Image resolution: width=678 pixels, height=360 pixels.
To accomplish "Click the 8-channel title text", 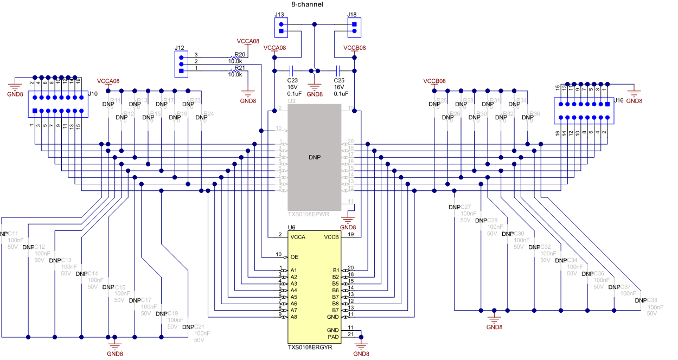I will tap(307, 4).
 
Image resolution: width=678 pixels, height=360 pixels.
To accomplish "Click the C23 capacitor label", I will tap(292, 80).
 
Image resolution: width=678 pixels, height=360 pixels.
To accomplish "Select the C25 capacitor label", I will tap(339, 80).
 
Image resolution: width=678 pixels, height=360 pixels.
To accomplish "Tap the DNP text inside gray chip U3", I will tap(315, 157).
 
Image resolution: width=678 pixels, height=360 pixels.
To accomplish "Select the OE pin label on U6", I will tap(295, 256).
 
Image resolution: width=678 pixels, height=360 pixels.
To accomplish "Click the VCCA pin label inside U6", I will tap(298, 237).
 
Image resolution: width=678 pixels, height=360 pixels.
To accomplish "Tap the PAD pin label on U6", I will tap(332, 337).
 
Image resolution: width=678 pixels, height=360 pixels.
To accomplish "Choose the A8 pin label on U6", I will tap(294, 317).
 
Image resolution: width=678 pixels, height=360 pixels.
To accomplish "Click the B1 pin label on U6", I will tap(335, 270).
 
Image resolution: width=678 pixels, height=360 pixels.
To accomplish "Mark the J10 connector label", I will tap(93, 94).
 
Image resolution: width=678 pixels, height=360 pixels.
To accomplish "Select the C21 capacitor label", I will tap(199, 327).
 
